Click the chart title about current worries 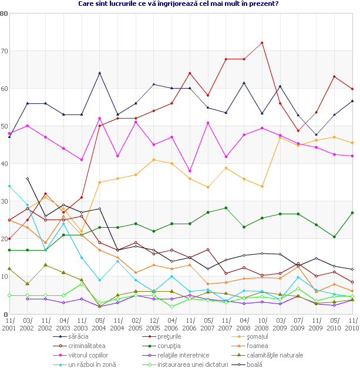click(178, 4)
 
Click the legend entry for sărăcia click(80, 336)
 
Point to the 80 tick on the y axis click(4, 13)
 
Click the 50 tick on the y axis click(4, 126)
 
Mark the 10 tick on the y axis click(4, 277)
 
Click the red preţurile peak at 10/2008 click(262, 43)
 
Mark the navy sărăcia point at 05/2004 click(100, 73)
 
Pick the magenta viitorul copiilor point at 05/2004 click(100, 119)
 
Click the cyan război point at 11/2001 click(9, 186)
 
